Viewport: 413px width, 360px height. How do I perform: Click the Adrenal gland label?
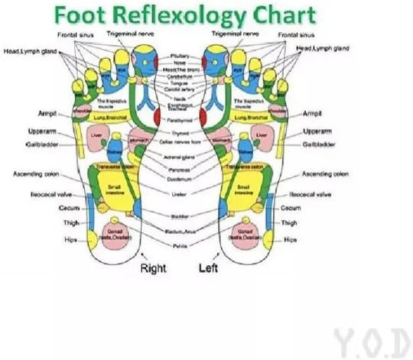coord(180,157)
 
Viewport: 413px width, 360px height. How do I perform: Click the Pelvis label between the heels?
coord(180,246)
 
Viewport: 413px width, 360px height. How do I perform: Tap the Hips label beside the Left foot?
coord(290,239)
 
